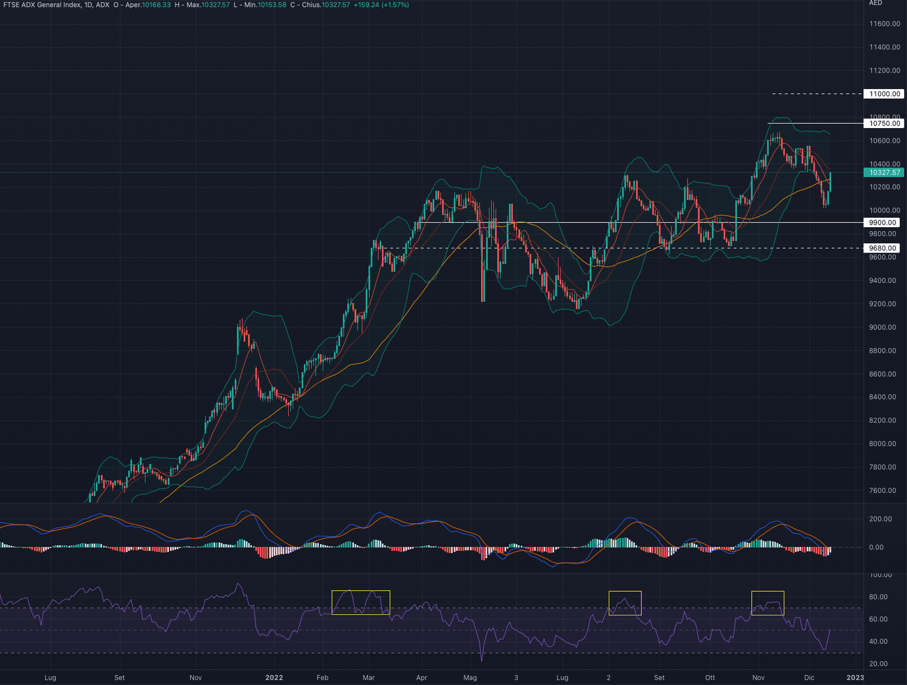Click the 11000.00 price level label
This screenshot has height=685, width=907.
tap(883, 94)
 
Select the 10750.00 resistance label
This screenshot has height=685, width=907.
tap(883, 123)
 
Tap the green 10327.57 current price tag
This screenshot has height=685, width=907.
tap(883, 172)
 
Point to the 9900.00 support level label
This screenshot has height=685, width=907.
tap(882, 222)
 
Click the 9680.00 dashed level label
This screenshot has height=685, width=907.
tap(882, 248)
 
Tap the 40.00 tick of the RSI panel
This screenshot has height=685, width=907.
tap(878, 641)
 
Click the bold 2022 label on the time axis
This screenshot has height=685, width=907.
tap(274, 677)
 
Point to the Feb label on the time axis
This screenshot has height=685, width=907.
tap(322, 677)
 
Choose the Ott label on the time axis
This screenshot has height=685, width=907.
tap(710, 677)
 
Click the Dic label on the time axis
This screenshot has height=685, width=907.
tap(809, 677)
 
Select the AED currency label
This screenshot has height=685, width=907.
tap(875, 3)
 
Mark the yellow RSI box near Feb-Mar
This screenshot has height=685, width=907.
tap(361, 602)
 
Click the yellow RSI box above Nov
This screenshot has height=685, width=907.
tap(768, 603)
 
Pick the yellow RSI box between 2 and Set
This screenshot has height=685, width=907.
tap(625, 603)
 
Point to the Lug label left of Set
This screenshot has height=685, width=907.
tap(50, 677)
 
